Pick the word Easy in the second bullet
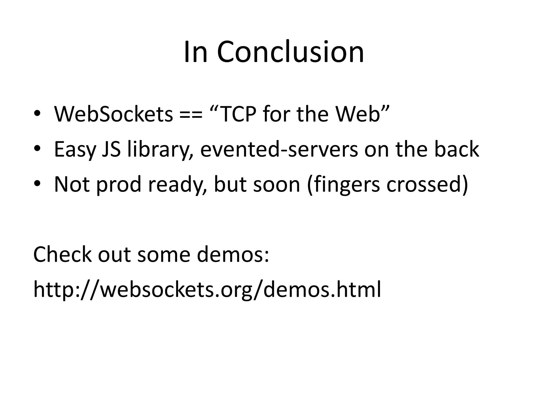[x=75, y=149]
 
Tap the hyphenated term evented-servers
[x=279, y=149]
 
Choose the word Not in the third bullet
[x=72, y=184]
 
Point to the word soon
[x=276, y=184]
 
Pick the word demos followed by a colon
[x=233, y=254]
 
